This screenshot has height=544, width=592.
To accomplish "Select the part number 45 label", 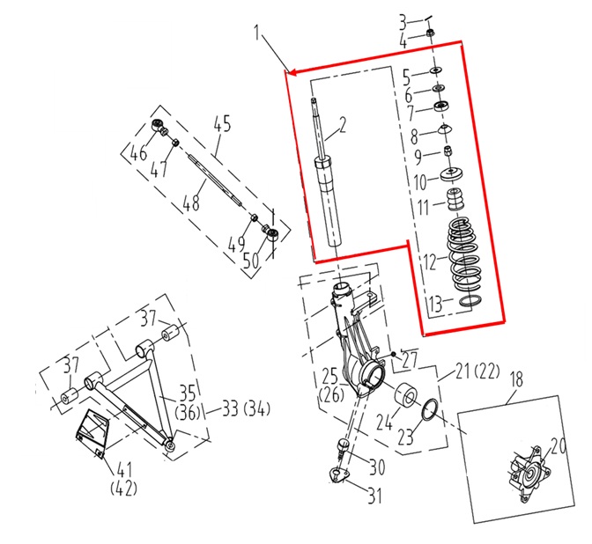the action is pyautogui.click(x=222, y=124).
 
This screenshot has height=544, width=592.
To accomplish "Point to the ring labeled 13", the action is pyautogui.click(x=470, y=301).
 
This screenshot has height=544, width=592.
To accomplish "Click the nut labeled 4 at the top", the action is pyautogui.click(x=430, y=33).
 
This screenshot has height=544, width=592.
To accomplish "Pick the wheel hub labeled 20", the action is pyautogui.click(x=529, y=475).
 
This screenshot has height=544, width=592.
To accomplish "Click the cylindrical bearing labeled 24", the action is pyautogui.click(x=406, y=397).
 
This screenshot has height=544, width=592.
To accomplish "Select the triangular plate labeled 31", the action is pyautogui.click(x=337, y=475).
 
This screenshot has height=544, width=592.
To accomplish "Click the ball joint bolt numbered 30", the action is pyautogui.click(x=343, y=446).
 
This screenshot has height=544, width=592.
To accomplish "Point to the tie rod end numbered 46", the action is pyautogui.click(x=159, y=127).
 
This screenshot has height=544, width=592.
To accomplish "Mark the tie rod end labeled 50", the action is pyautogui.click(x=271, y=232).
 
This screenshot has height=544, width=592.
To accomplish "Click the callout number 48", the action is pyautogui.click(x=191, y=202).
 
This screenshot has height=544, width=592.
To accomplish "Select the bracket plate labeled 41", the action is pyautogui.click(x=91, y=433).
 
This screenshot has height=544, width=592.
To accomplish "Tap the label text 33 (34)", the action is pyautogui.click(x=246, y=408).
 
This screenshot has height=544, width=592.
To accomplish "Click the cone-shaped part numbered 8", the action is pyautogui.click(x=445, y=129).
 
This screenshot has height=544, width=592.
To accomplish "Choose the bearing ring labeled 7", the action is pyautogui.click(x=440, y=106).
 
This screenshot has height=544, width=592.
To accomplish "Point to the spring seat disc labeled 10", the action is pyautogui.click(x=452, y=174).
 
